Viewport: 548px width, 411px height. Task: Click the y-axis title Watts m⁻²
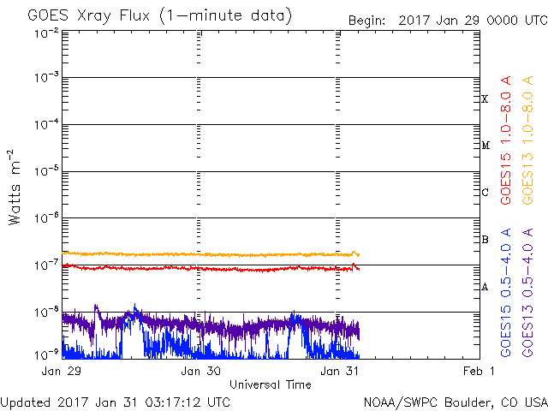15,188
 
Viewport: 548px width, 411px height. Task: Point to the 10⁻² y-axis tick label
46,33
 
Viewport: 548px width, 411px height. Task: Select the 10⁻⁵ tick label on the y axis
46,171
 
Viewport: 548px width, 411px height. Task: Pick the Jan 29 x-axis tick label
63,372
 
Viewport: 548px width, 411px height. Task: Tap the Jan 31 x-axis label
339,372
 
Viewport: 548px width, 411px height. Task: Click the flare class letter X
485,99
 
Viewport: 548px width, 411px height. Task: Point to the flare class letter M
485,146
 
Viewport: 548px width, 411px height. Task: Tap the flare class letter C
485,193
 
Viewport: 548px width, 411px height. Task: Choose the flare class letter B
485,239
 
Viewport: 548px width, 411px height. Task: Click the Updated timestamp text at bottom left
116,401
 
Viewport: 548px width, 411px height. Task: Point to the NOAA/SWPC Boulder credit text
455,401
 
